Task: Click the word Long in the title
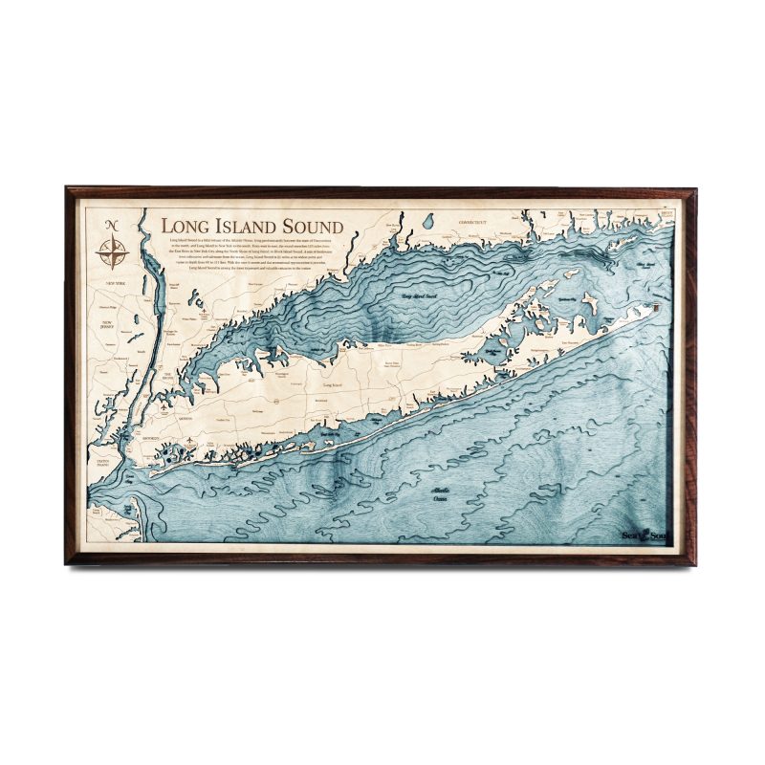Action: coord(182,226)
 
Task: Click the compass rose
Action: coord(114,252)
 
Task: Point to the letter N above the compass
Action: coord(113,225)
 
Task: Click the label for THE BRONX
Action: coord(168,375)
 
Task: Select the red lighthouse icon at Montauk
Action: coord(659,307)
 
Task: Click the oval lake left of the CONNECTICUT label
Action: coord(427,221)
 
